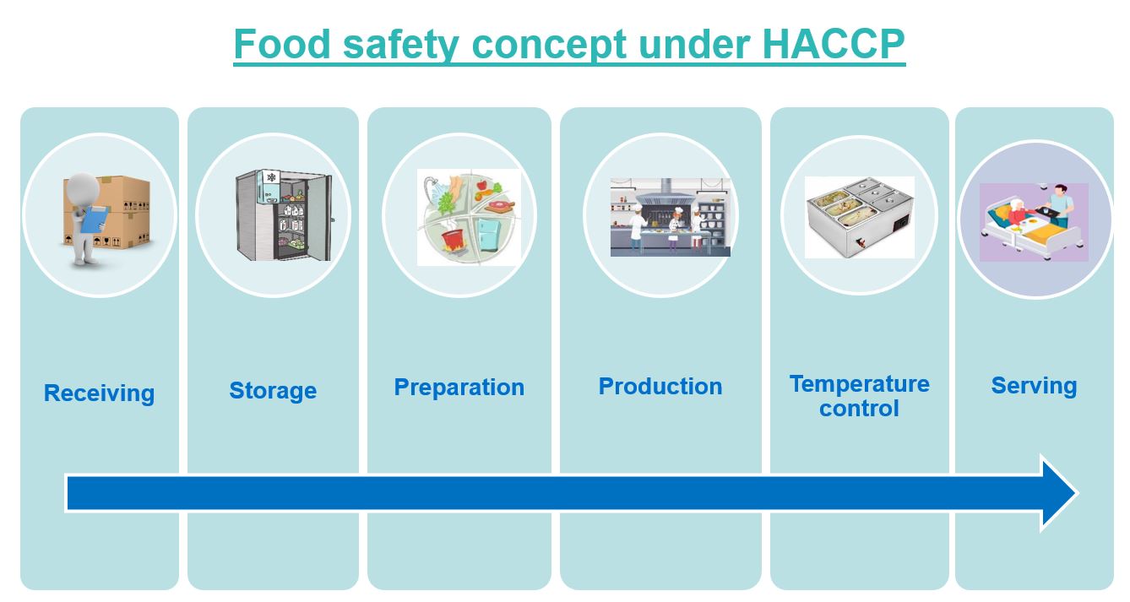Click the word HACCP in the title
(x=834, y=45)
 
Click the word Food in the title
(x=282, y=45)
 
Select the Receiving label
(x=100, y=393)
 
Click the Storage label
(x=273, y=391)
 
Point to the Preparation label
(x=459, y=388)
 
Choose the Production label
(x=660, y=387)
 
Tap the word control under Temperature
(x=859, y=409)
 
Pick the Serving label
(x=1035, y=386)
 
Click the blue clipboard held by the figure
(x=95, y=220)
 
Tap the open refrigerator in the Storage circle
(x=284, y=215)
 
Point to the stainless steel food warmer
(x=860, y=217)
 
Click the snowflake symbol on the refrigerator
(x=271, y=177)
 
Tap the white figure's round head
(x=84, y=188)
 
